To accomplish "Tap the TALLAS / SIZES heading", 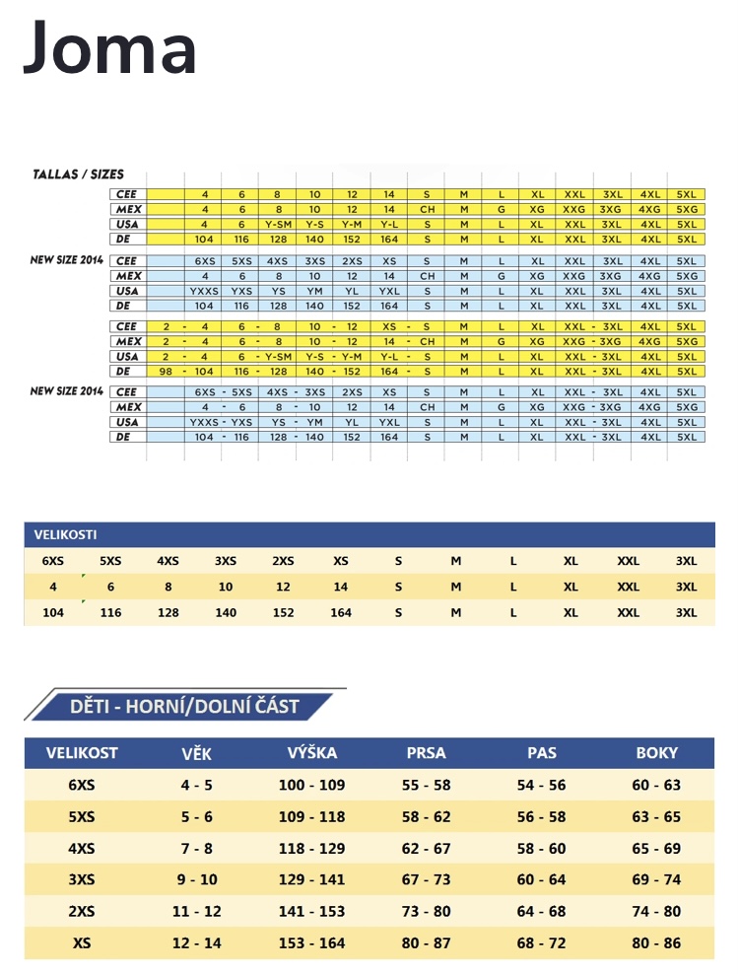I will click(x=80, y=174).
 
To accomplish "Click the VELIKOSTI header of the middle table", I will click(x=65, y=535).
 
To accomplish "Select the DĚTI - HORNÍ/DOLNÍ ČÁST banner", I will click(x=184, y=706).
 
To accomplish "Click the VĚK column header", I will click(x=197, y=753).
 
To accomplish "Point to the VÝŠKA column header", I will click(x=312, y=753).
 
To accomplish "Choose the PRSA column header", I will click(x=427, y=753).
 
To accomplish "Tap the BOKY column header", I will click(x=657, y=753).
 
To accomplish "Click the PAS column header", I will click(x=542, y=753).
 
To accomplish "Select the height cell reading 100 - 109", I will click(x=312, y=786).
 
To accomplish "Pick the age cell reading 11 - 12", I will click(x=197, y=912).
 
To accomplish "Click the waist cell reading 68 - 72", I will click(x=542, y=943).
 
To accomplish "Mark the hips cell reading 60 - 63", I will click(x=657, y=786).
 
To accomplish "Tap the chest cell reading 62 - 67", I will click(x=427, y=849).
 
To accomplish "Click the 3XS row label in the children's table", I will click(x=83, y=880).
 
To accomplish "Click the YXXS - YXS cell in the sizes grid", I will click(x=221, y=422).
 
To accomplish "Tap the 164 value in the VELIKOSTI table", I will click(x=341, y=612).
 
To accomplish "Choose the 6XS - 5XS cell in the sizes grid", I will click(x=222, y=392).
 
